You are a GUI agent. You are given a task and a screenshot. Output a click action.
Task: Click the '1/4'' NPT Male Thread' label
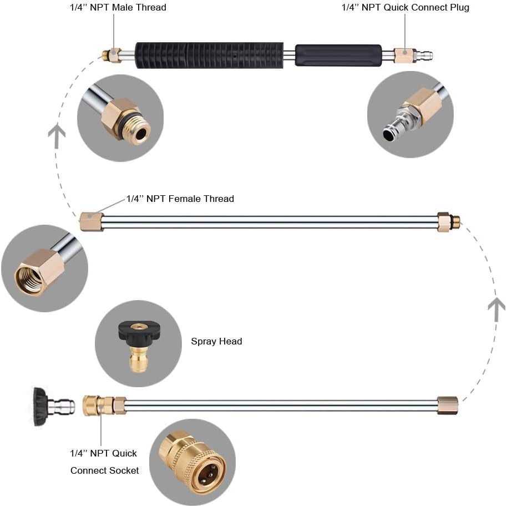coord(118,7)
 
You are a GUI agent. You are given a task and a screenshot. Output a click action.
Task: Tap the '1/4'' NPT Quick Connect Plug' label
coord(405,7)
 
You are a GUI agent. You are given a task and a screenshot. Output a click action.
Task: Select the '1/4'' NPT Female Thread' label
coord(180,199)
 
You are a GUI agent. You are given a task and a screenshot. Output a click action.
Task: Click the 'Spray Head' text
coord(216,341)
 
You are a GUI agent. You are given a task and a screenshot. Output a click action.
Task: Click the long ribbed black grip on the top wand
coord(209,55)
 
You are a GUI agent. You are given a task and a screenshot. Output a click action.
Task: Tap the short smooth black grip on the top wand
coord(338,55)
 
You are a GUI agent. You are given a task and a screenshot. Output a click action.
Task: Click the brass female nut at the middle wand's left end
coord(92,221)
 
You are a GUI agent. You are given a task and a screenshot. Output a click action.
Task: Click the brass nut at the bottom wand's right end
coord(447,405)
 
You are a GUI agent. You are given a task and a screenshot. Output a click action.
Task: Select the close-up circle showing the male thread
coord(120,118)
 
